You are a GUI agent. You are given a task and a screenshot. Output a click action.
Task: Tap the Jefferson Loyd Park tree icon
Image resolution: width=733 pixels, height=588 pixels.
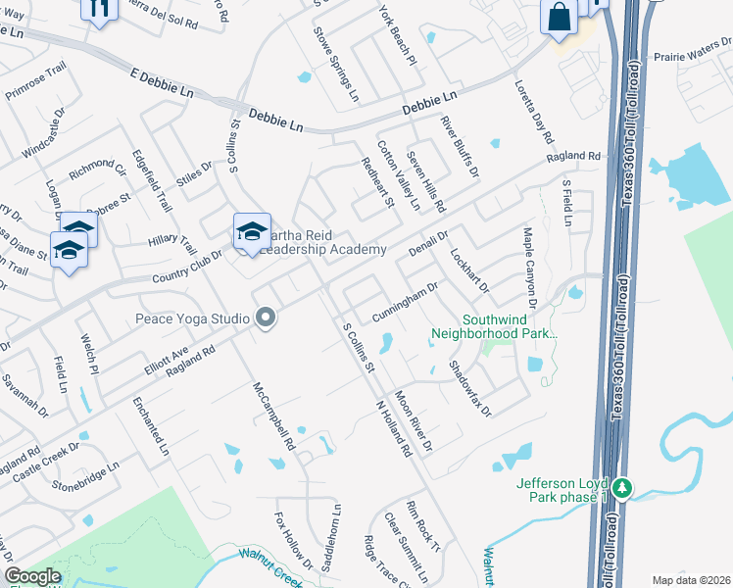pyautogui.click(x=622, y=487)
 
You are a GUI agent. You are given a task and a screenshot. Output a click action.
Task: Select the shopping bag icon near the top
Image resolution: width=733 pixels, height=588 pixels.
pyautogui.click(x=559, y=18)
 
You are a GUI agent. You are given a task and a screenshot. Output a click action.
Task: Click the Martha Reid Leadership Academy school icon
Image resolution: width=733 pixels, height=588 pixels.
pyautogui.click(x=252, y=232)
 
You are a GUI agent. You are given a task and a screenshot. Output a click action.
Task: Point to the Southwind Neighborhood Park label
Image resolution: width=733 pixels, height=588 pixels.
pyautogui.click(x=495, y=326)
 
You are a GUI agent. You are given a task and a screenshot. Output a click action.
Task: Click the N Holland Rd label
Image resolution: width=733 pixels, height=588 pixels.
pyautogui.click(x=394, y=429)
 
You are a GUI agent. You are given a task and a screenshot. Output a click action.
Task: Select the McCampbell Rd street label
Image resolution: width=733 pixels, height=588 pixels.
pyautogui.click(x=274, y=416)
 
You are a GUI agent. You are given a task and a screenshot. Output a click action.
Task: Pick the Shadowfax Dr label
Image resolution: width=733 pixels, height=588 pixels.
pyautogui.click(x=469, y=386)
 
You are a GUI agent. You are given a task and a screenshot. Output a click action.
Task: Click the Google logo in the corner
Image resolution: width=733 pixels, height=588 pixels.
pyautogui.click(x=32, y=576)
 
